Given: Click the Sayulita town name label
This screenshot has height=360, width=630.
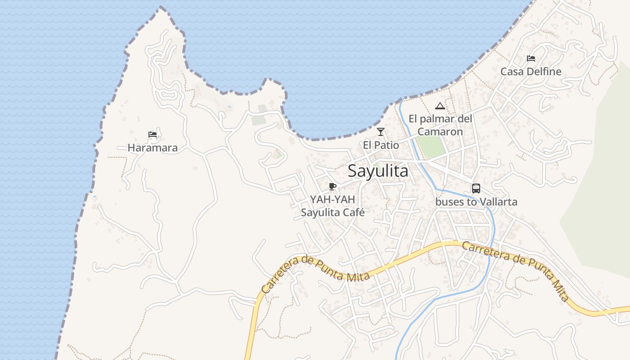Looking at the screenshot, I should click(x=378, y=171).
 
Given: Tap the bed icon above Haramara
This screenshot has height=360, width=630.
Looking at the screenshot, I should click(x=153, y=134).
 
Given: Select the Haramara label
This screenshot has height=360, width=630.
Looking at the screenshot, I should click(x=153, y=148).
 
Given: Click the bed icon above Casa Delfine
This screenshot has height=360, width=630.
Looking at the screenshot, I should click(x=531, y=58).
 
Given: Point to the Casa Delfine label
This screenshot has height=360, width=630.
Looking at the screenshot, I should click(x=531, y=72).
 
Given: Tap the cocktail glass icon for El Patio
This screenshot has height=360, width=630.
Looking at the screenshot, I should click(x=381, y=132).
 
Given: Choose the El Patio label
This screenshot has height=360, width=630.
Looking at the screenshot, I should click(x=381, y=145).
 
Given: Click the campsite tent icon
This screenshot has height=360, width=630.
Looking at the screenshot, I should click(x=440, y=106).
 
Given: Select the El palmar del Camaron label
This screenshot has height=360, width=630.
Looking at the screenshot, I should click(x=440, y=125).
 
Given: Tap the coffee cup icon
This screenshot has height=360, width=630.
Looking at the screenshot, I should click(x=333, y=186).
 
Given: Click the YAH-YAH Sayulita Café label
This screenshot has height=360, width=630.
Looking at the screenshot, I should click(x=333, y=206).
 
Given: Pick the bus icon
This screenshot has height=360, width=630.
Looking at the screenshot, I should click(x=476, y=189).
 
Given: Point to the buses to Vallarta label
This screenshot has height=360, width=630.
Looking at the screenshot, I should click(x=476, y=202).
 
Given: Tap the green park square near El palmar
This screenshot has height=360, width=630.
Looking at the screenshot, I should click(x=431, y=147).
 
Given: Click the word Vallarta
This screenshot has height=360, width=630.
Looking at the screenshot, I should click(x=497, y=202).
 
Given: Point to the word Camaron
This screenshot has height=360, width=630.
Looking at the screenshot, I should click(x=440, y=131).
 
